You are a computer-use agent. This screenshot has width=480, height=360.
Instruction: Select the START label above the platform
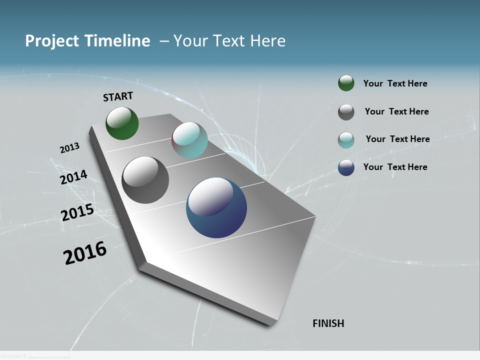(118, 96)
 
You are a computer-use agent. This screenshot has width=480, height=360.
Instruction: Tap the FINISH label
(328, 323)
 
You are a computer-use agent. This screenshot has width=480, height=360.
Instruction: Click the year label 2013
(69, 148)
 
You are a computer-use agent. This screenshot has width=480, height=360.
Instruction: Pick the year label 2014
(73, 177)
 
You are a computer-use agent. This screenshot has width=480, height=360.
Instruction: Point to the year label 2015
(77, 212)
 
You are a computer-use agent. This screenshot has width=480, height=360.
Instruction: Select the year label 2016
(85, 253)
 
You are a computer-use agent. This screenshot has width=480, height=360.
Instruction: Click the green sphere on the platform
(122, 123)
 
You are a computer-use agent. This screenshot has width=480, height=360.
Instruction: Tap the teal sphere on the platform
(189, 140)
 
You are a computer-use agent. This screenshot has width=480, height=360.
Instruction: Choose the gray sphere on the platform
(145, 180)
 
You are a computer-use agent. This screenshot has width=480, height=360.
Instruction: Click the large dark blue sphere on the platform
(216, 207)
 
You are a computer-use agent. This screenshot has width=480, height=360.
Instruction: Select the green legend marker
(346, 83)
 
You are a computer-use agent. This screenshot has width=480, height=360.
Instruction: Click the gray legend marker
(346, 112)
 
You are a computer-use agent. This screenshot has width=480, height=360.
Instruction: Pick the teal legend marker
(346, 140)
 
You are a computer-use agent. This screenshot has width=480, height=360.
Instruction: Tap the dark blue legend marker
(346, 167)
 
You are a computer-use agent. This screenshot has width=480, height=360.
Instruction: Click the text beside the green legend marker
(395, 84)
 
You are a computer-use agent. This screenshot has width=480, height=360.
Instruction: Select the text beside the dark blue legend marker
(395, 167)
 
